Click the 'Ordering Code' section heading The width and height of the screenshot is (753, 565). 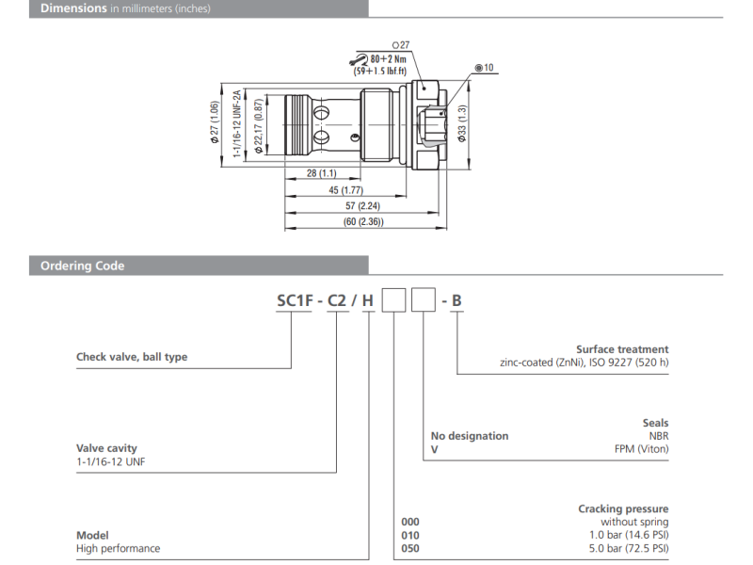pyautogui.click(x=83, y=266)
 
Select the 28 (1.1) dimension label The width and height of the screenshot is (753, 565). pyautogui.click(x=322, y=174)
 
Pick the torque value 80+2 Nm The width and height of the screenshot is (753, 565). pyautogui.click(x=380, y=58)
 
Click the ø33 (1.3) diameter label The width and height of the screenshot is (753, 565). pyautogui.click(x=462, y=122)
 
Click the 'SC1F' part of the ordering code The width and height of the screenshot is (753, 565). pyautogui.click(x=295, y=301)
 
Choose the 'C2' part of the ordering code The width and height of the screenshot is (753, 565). pyautogui.click(x=338, y=301)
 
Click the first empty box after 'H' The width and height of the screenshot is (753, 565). pyautogui.click(x=393, y=301)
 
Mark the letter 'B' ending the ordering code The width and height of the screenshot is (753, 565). pyautogui.click(x=457, y=301)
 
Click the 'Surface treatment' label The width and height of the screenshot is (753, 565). pyautogui.click(x=622, y=349)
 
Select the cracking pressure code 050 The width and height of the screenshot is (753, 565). pyautogui.click(x=409, y=548)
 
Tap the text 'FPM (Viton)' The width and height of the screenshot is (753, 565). pyautogui.click(x=641, y=449)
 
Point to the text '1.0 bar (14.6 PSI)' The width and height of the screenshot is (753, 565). pyautogui.click(x=625, y=535)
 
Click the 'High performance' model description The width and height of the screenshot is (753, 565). pyautogui.click(x=118, y=548)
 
